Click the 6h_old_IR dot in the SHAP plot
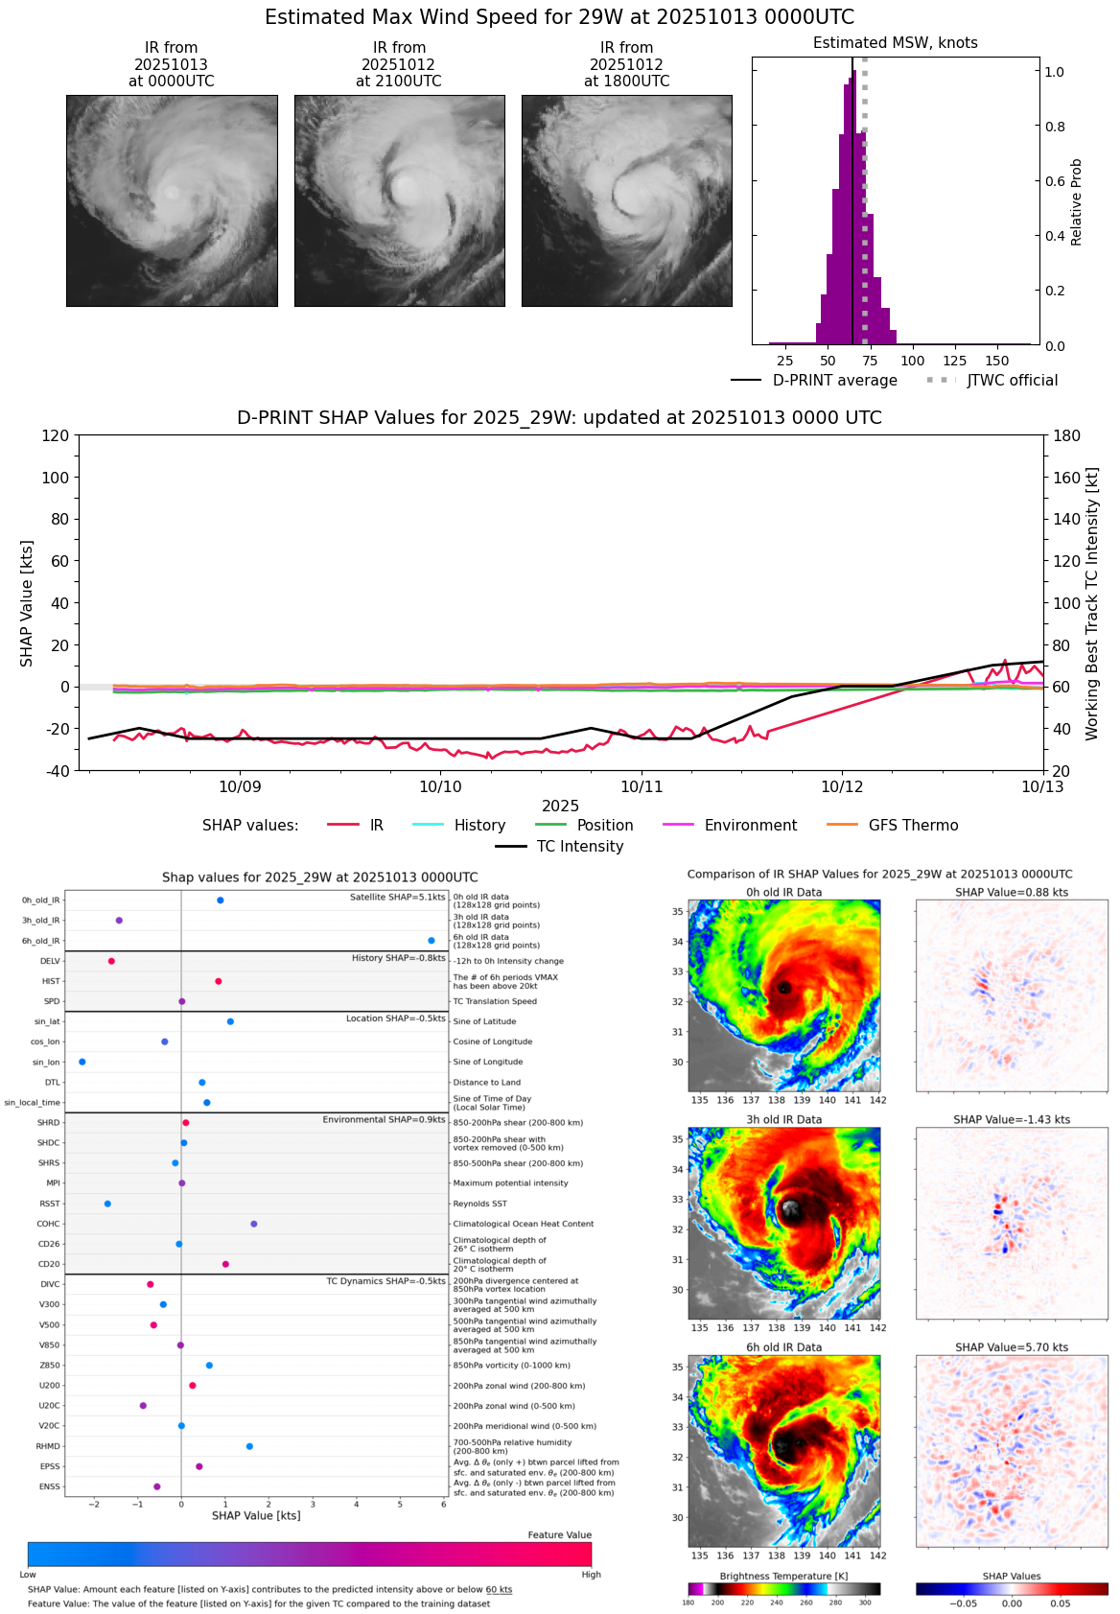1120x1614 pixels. (432, 941)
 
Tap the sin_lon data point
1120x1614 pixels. (82, 1062)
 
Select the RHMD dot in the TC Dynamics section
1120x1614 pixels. (249, 1446)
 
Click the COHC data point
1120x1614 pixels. (254, 1224)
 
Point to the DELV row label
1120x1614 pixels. (50, 961)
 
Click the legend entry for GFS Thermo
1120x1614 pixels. (892, 826)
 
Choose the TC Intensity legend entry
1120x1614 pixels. (560, 847)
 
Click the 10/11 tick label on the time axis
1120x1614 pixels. (642, 787)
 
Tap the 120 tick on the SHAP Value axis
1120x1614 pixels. (56, 435)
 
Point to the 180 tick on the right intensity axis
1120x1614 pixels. (1067, 435)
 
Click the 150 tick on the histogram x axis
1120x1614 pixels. (997, 362)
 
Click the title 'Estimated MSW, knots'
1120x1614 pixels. (895, 43)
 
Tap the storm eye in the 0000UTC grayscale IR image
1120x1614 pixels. (172, 193)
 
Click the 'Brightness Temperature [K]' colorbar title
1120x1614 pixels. (783, 1577)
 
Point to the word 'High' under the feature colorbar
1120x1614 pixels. (591, 1575)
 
